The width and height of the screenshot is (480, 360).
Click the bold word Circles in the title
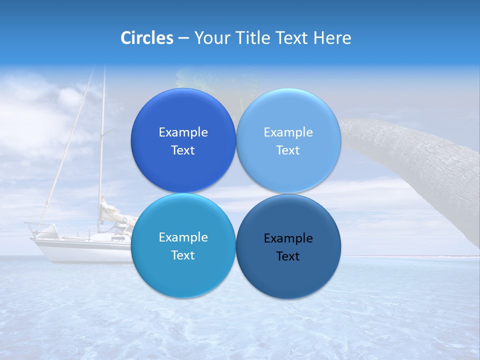147,38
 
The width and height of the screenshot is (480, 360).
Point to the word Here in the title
332,38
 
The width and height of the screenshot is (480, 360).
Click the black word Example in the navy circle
288,238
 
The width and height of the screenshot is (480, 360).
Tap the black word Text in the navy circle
288,256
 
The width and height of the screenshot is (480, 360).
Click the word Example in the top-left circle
183,132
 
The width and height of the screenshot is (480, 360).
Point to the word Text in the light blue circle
288,150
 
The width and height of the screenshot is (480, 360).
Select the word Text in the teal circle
183,255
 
